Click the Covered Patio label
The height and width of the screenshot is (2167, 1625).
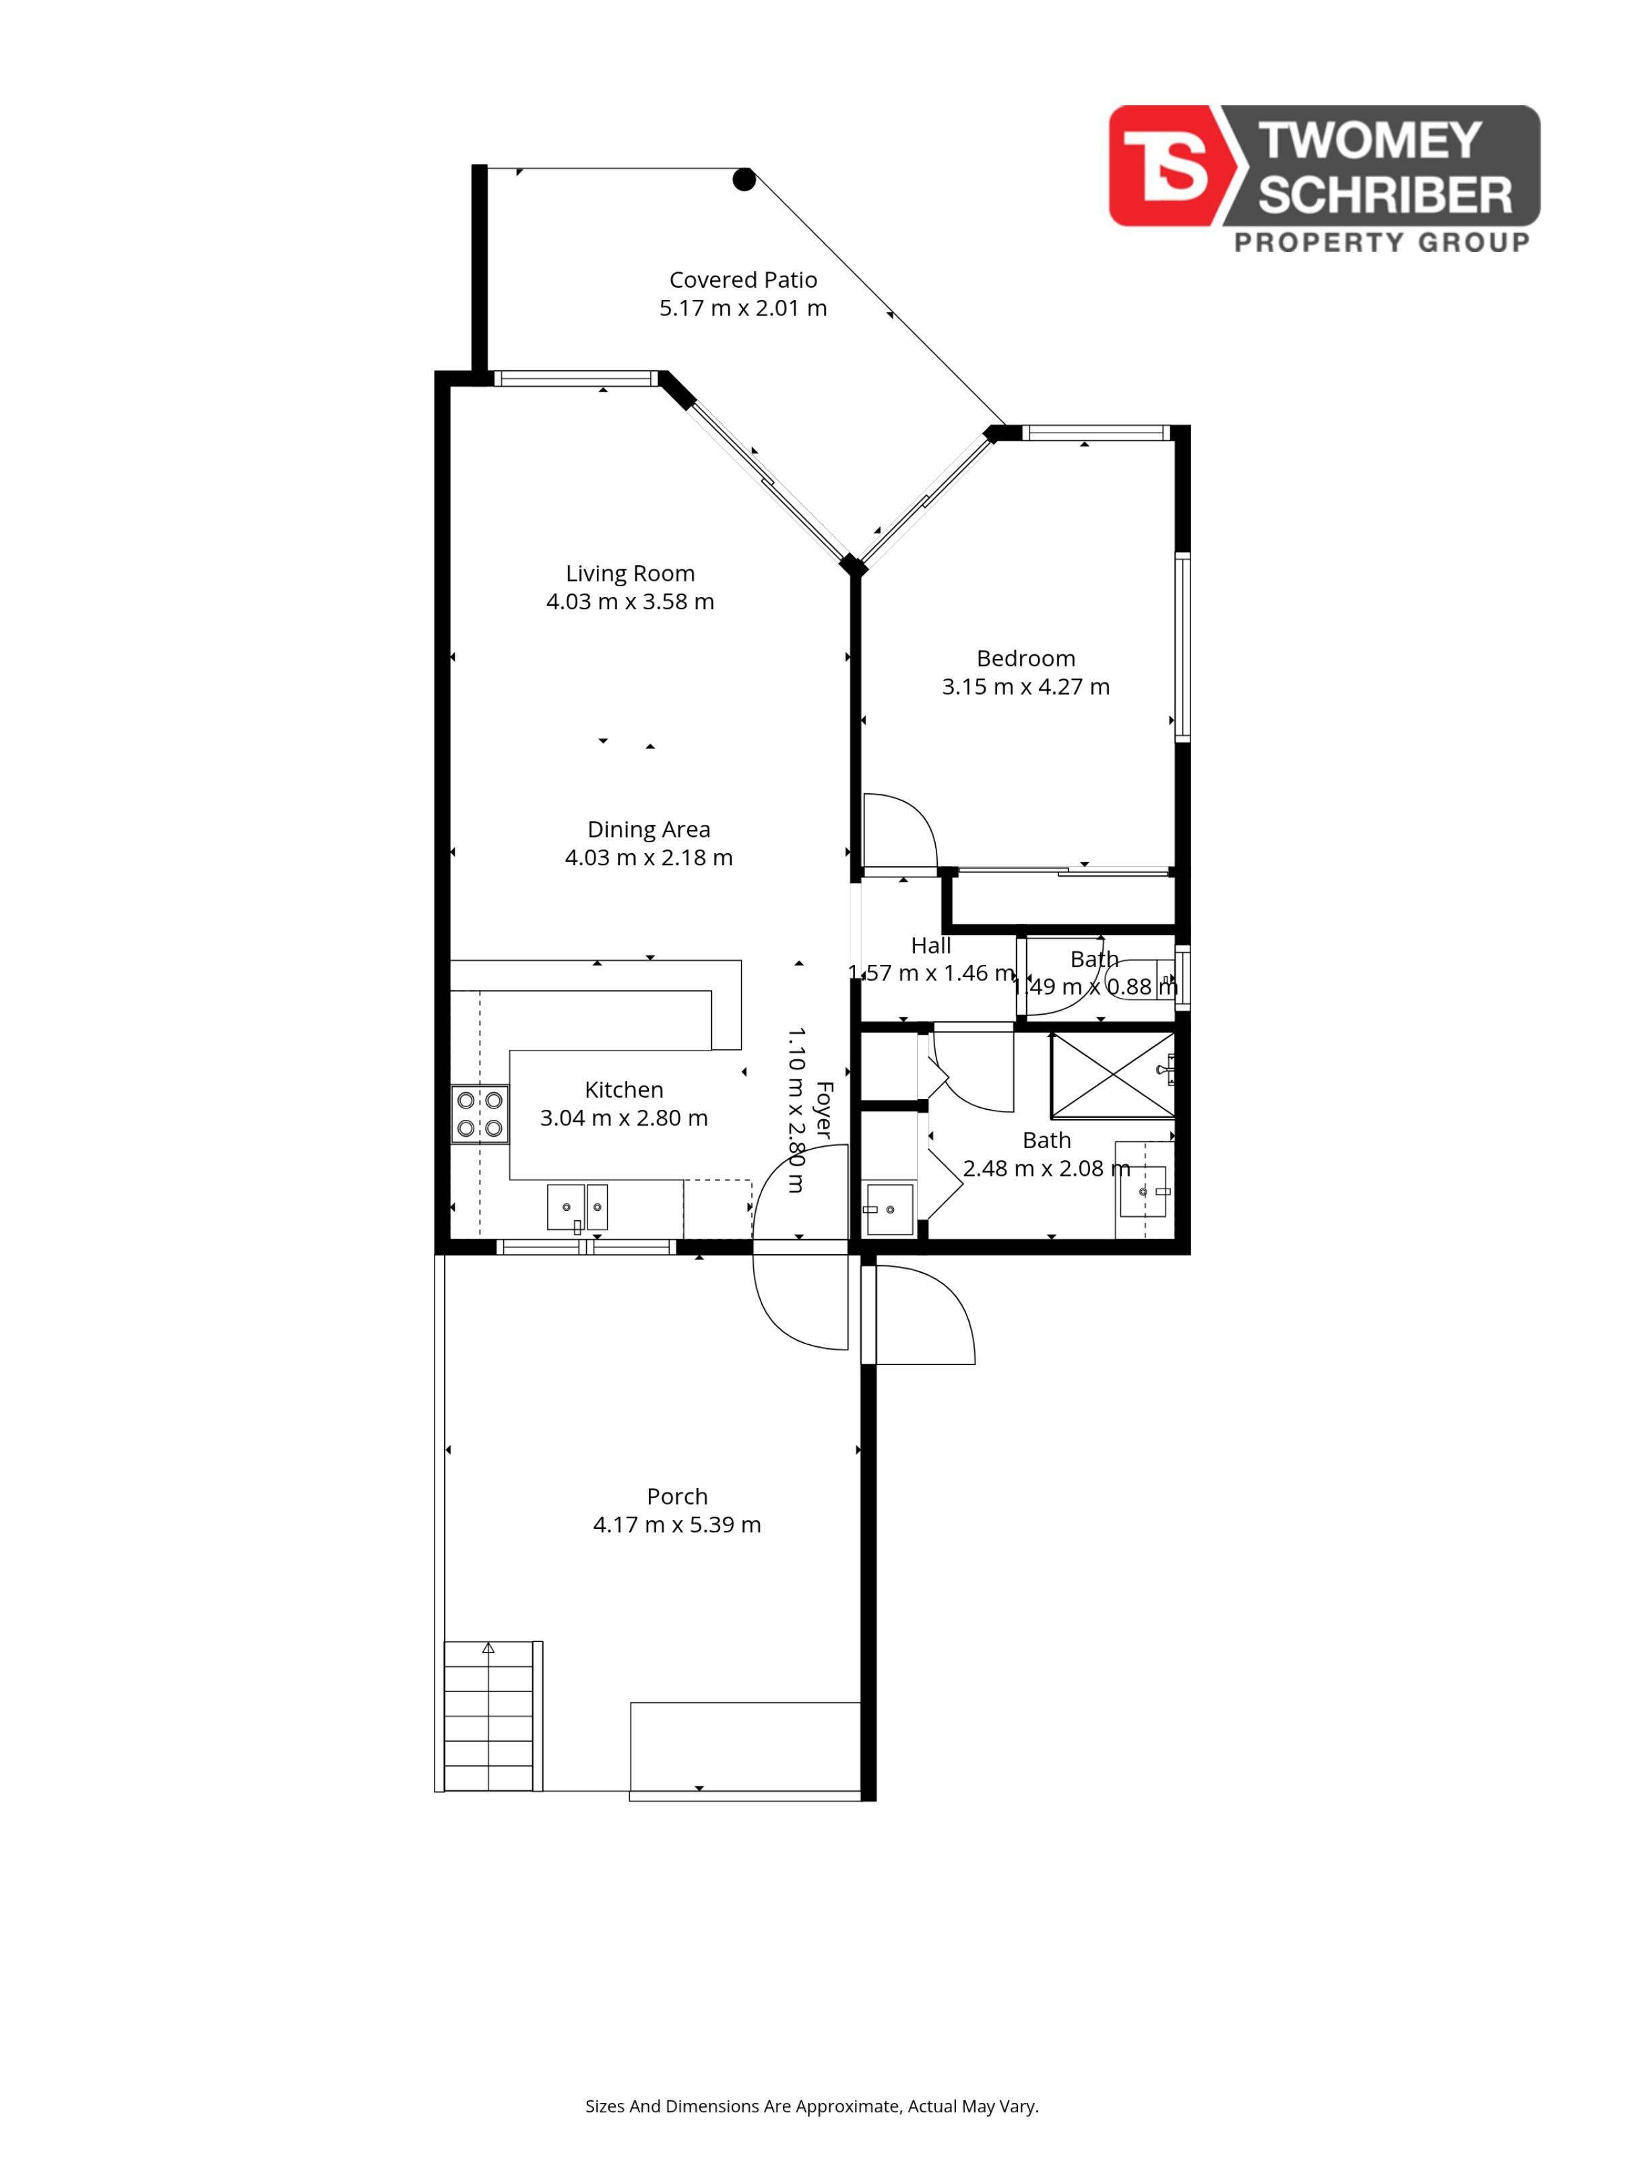742,280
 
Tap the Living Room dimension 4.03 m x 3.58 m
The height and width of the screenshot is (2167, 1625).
630,602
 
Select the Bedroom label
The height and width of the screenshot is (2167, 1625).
1025,658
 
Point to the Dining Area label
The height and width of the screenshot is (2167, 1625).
648,829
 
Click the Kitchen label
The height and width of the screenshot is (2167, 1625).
624,1090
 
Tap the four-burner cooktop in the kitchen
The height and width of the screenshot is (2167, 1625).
480,1114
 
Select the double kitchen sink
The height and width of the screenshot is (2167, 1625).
577,1207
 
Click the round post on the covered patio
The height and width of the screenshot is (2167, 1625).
744,179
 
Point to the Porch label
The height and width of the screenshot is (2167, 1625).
677,1496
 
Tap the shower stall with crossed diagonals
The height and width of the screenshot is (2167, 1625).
1113,1075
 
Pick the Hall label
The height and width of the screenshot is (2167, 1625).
930,945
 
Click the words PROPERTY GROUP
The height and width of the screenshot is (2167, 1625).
1381,242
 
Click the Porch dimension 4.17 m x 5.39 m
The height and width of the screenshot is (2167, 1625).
677,1524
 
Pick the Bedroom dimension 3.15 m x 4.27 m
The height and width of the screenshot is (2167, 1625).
1025,687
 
